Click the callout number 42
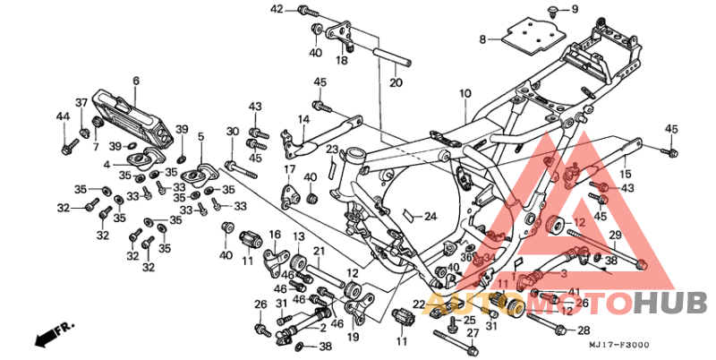coord(277,9)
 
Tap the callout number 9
coord(575,10)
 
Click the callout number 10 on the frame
coord(465,93)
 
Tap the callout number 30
coord(232,132)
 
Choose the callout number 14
coord(303,118)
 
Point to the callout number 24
coord(430,217)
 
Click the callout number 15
coord(626,173)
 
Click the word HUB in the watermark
coord(670,304)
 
